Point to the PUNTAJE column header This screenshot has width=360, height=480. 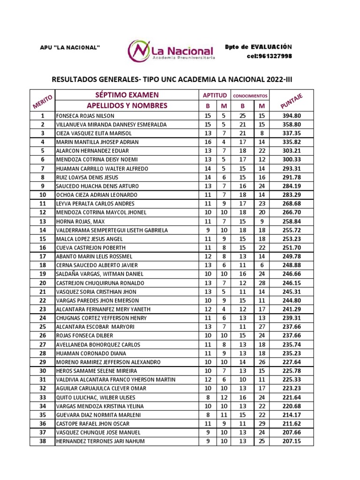point(292,100)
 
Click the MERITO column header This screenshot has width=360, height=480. point(43,100)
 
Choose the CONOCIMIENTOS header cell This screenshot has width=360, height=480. point(250,95)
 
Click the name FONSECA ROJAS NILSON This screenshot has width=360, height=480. point(85,116)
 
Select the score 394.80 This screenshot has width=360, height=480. point(292,116)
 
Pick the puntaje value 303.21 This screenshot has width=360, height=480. point(292,151)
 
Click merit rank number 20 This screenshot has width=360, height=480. point(43,283)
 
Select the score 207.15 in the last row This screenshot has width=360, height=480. point(292,442)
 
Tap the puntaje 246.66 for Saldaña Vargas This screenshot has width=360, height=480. point(292,274)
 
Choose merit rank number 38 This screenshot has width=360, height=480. point(43,442)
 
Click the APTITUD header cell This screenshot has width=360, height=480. point(214,95)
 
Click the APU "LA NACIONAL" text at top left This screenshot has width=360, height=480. point(70,47)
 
